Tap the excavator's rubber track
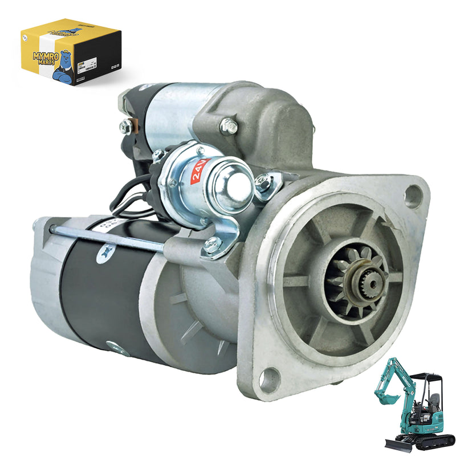coord(433,440)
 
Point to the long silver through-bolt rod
coord(114,238)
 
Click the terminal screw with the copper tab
coord(126,127)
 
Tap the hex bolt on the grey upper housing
coord(229,127)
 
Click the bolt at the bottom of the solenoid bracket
coord(212,244)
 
